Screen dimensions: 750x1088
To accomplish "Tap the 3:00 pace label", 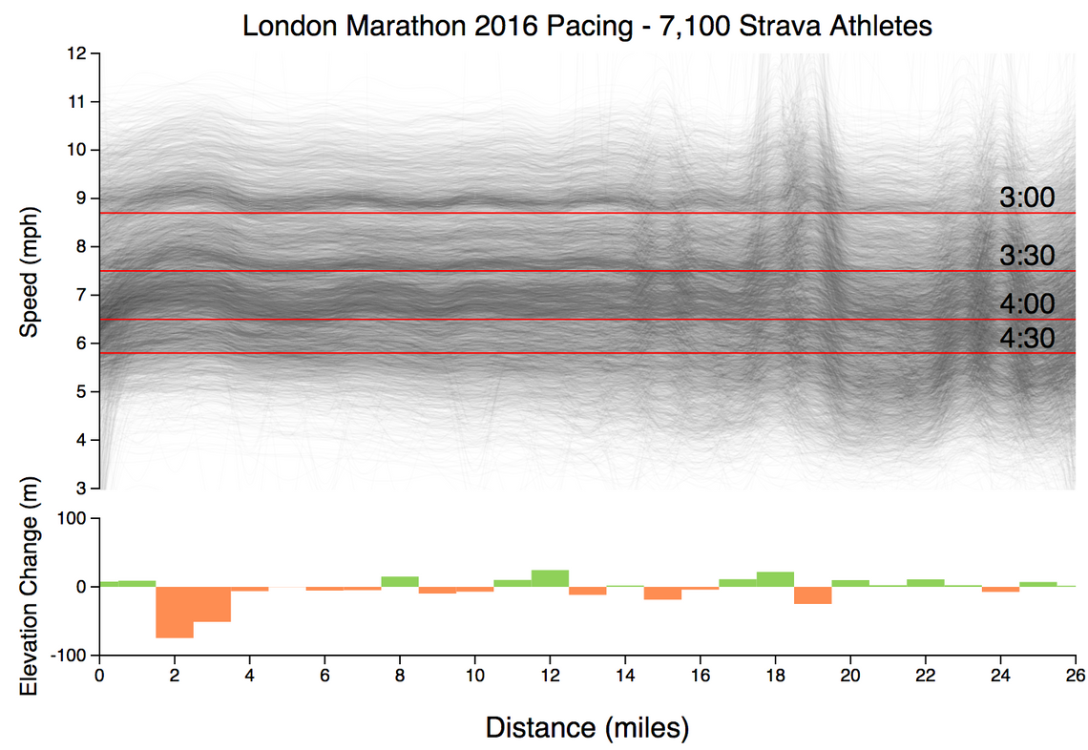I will tap(1027, 198).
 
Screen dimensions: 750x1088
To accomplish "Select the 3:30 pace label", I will tap(1027, 256).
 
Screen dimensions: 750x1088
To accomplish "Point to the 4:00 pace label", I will tap(1027, 304).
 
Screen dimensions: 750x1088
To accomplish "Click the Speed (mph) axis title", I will tap(30, 271).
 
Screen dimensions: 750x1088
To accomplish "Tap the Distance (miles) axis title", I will tap(587, 728).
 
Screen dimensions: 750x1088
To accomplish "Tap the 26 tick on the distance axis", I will tap(1076, 674).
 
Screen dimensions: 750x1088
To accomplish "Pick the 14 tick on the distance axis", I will tap(625, 674).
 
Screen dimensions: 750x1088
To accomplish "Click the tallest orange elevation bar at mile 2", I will tap(175, 612).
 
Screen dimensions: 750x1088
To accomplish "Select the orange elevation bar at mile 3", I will tap(212, 604).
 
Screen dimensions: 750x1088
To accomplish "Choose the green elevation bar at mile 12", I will tap(550, 578).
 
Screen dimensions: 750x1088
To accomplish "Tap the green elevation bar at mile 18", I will tap(775, 579).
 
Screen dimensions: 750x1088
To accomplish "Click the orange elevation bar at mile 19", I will tap(813, 595).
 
